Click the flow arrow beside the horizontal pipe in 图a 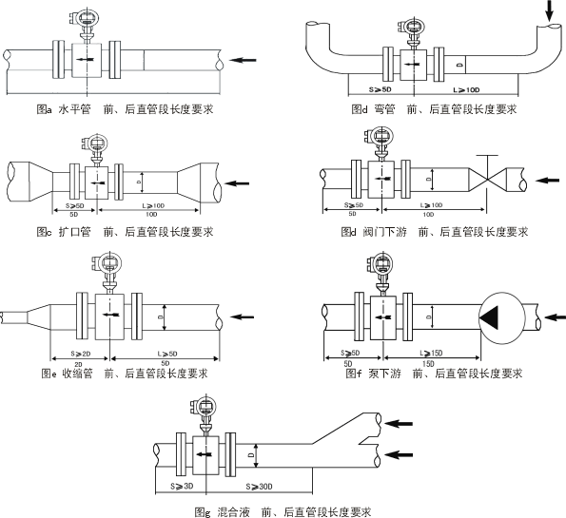pos(244,60)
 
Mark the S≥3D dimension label pos(182,486)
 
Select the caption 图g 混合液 pos(223,511)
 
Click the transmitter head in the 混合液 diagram pos(206,405)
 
